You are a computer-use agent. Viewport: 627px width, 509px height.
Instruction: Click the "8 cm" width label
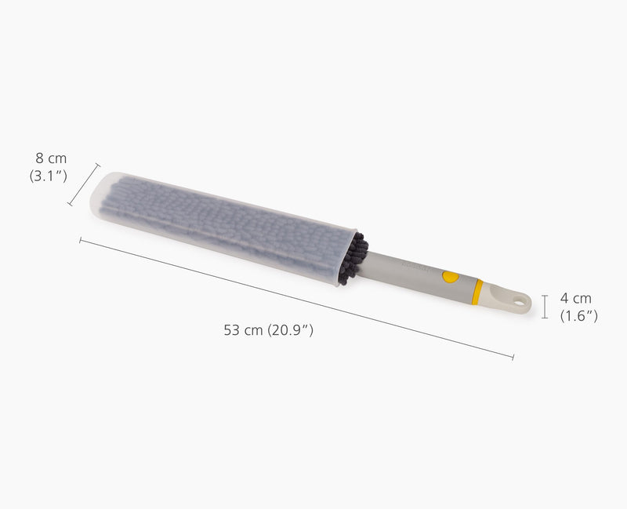click(x=51, y=159)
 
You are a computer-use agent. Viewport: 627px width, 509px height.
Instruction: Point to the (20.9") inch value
click(x=290, y=330)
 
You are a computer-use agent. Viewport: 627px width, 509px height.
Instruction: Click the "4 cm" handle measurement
click(x=576, y=298)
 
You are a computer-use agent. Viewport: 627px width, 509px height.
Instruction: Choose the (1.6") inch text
click(x=579, y=315)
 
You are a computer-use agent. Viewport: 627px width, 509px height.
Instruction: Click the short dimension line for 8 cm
click(x=84, y=185)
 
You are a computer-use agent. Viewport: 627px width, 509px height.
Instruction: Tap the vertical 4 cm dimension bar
click(x=545, y=306)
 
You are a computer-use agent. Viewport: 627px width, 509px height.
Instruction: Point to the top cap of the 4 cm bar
click(x=545, y=294)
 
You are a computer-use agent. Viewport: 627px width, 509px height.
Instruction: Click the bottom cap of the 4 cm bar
click(x=545, y=318)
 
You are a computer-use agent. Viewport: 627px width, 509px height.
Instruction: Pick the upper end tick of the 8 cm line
click(x=98, y=165)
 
